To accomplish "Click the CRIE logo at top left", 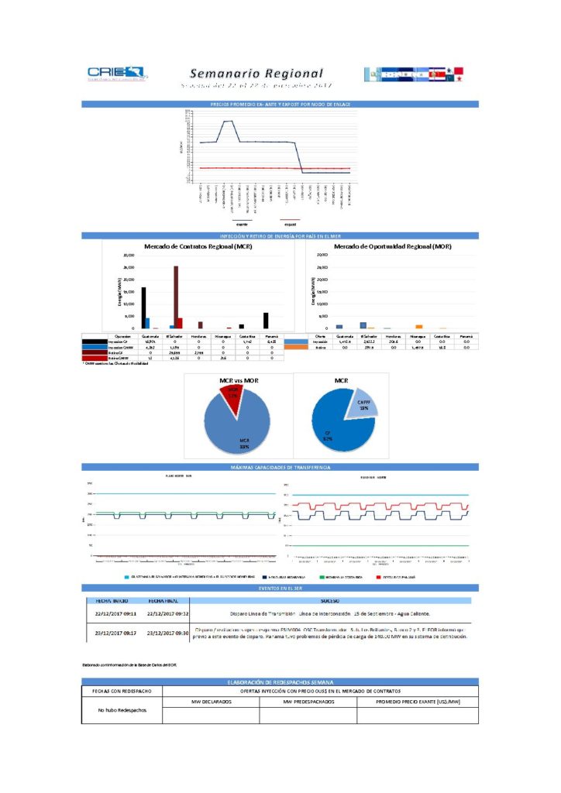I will pyautogui.click(x=116, y=74).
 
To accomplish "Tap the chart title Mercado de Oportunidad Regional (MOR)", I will pyautogui.click(x=392, y=246).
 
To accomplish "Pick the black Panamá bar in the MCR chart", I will pyautogui.click(x=266, y=321).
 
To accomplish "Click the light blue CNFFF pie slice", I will pyautogui.click(x=361, y=407).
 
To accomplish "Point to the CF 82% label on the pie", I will pyautogui.click(x=328, y=438).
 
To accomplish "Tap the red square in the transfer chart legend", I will pyautogui.click(x=377, y=577).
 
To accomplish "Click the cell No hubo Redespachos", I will pyautogui.click(x=121, y=709).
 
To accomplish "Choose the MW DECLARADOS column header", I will pyautogui.click(x=211, y=702).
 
